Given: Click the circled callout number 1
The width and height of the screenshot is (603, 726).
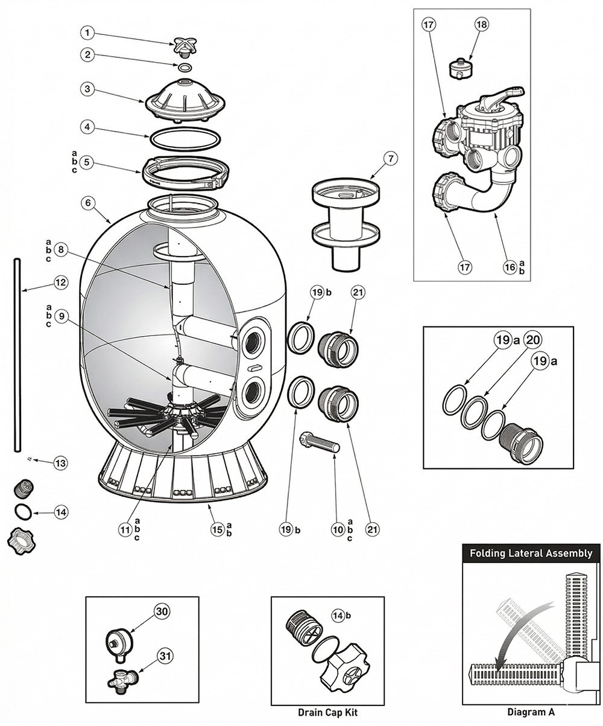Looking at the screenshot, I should pos(88,32).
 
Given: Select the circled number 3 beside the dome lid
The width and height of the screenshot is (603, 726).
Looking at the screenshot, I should pos(88,89).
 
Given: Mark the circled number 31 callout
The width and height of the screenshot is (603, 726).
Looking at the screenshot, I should pos(164,655).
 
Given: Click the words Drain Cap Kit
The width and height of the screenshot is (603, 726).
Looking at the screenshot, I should pos(327,712).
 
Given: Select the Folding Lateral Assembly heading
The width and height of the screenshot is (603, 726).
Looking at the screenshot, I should pos(531,553).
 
